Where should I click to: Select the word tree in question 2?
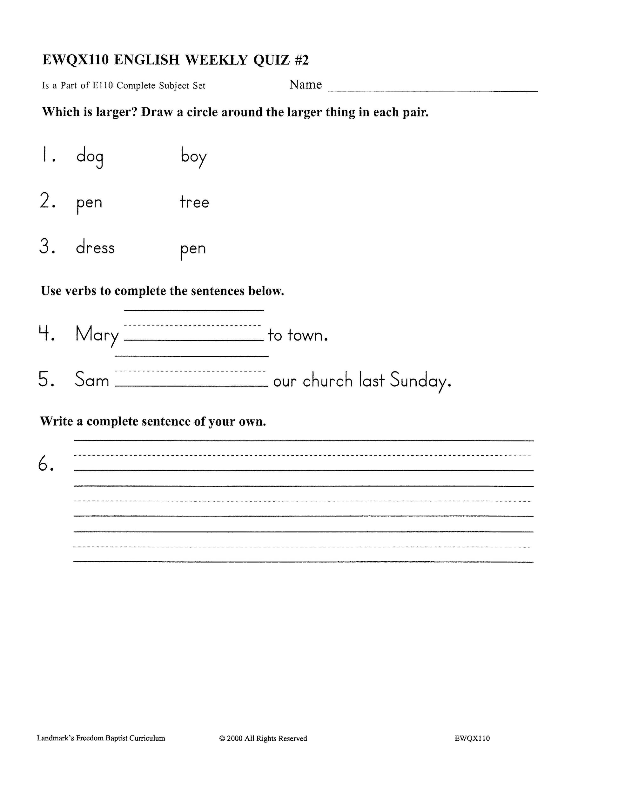point(194,202)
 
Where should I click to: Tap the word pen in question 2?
point(89,203)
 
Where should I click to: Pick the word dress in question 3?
point(95,248)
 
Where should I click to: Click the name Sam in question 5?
point(92,380)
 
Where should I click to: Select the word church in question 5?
point(327,380)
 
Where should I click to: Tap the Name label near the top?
point(305,84)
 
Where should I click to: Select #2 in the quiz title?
point(301,60)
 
